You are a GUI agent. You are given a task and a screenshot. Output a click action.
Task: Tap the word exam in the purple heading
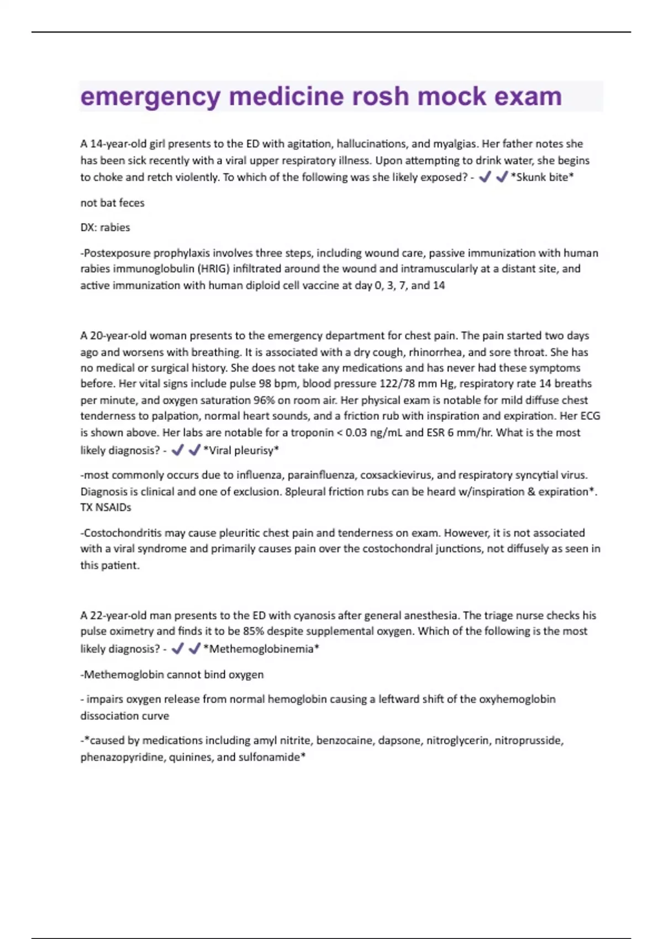[x=528, y=97]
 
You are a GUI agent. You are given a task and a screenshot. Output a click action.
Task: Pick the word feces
[x=131, y=203]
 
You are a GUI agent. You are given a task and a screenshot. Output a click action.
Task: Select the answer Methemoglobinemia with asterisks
[x=261, y=649]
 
